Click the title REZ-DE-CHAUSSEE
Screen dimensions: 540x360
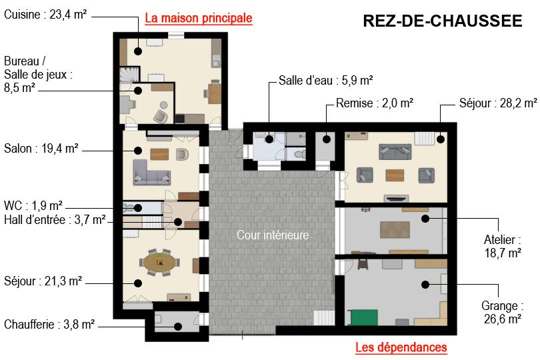pos(443,21)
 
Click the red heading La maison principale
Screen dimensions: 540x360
pos(199,18)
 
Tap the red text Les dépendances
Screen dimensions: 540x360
pos(401,347)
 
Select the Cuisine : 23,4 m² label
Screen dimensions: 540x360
pos(45,15)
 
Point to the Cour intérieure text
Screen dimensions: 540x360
pos(273,235)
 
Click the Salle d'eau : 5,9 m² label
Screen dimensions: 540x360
pos(326,80)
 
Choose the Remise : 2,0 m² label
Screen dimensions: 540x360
pos(375,103)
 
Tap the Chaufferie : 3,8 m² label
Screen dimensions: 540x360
pos(49,324)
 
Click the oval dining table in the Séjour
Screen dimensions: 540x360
pos(159,263)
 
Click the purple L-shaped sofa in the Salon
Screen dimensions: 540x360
pos(151,172)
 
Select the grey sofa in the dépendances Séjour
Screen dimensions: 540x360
pos(395,151)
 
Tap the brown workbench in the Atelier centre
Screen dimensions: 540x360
pos(395,230)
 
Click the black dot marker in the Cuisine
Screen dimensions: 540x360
pos(138,51)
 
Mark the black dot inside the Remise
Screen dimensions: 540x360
pos(327,139)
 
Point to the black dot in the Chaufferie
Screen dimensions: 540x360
pos(178,326)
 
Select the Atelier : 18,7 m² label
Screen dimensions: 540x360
pos(503,246)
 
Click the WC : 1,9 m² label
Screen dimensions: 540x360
pos(33,205)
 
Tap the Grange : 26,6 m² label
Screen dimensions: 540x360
pos(503,312)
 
